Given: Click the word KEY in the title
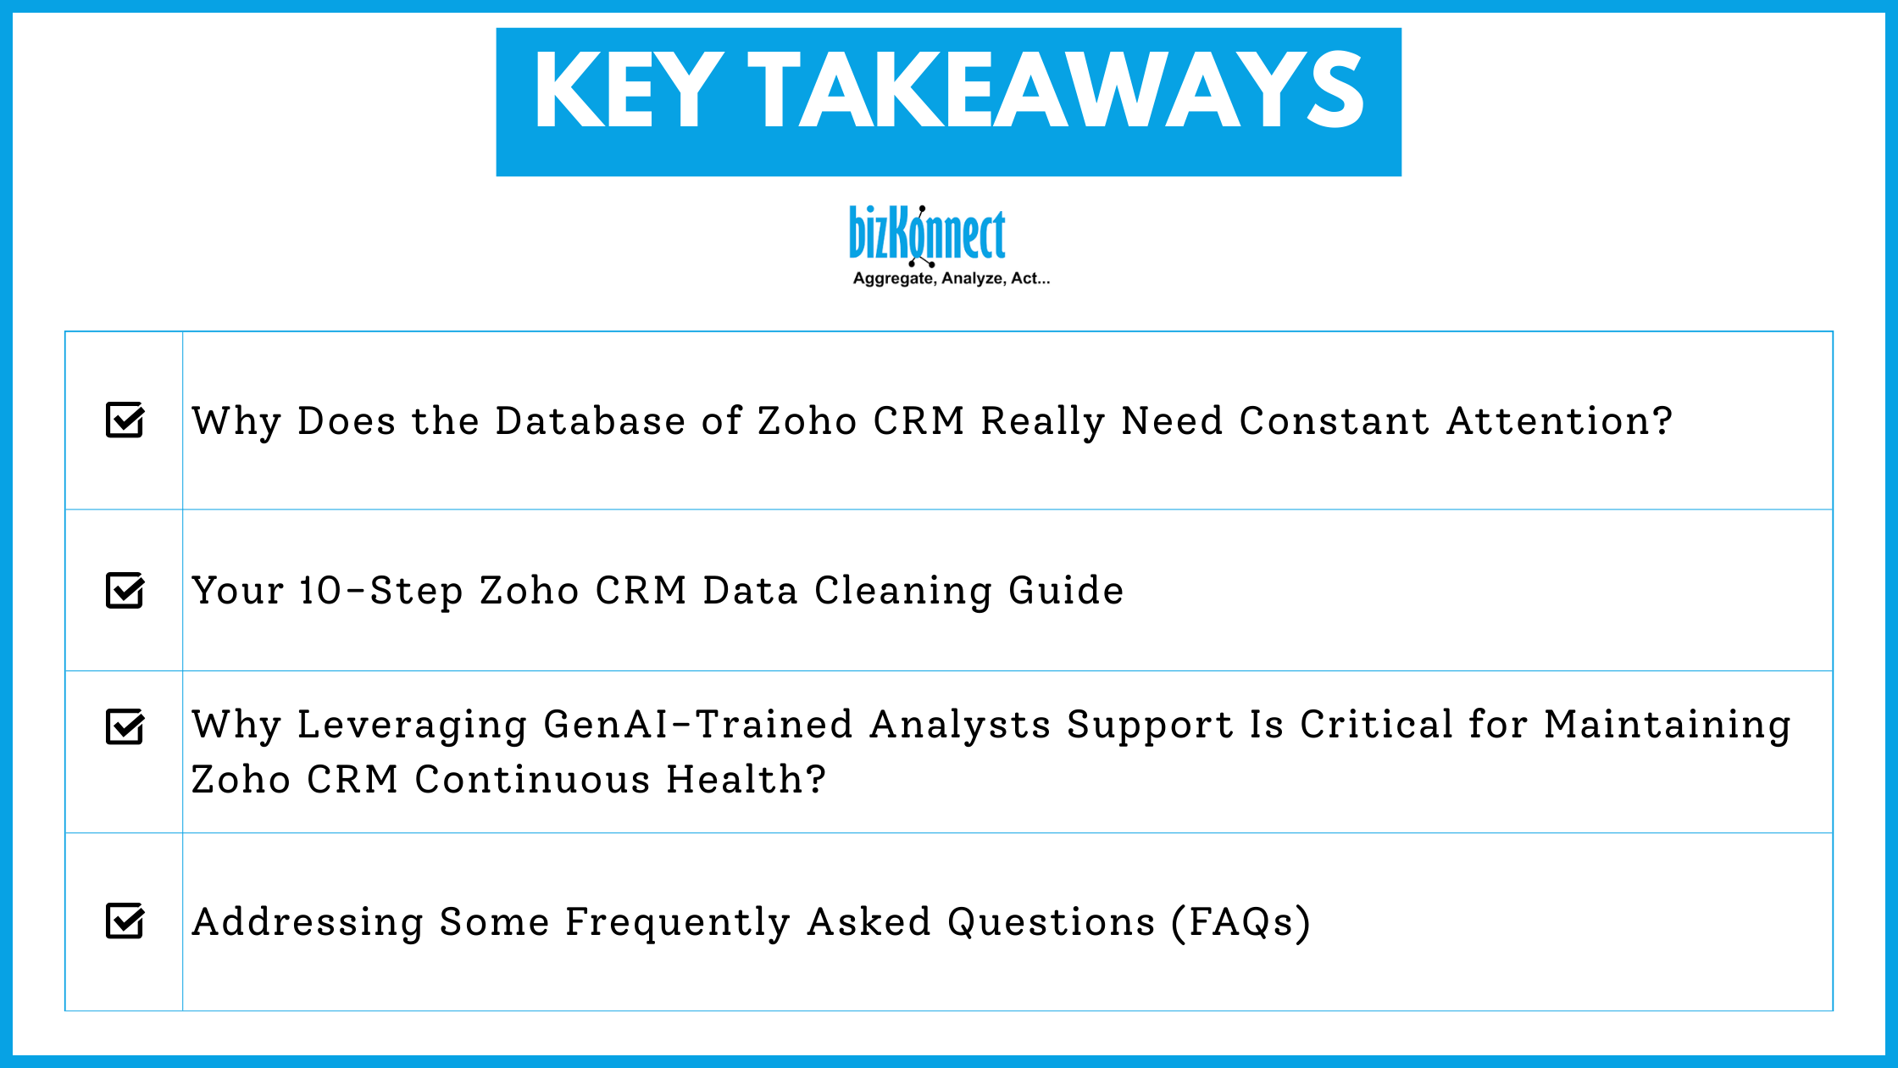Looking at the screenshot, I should [x=628, y=90].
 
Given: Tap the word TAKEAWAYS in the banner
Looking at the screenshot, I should [x=1056, y=90].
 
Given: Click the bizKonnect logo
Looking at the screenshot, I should [x=927, y=235].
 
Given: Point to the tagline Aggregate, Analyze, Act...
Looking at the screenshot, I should [x=951, y=278].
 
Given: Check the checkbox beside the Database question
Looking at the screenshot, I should [x=125, y=420].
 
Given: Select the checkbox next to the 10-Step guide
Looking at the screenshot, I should [x=125, y=591].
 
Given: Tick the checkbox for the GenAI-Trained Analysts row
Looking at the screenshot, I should [x=125, y=726].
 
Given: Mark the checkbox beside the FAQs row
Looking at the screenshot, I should [x=125, y=921].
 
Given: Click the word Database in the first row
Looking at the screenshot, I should [x=590, y=421].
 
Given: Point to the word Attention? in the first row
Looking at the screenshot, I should [x=1560, y=421].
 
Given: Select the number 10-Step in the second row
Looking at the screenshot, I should [x=381, y=591].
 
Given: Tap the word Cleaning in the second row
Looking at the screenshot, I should [x=903, y=591].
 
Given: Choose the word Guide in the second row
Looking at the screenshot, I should [x=1066, y=591].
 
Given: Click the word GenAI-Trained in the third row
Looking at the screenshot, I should [x=697, y=725].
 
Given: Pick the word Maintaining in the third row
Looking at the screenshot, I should [x=1668, y=725].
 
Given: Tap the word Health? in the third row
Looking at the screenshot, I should [x=746, y=780].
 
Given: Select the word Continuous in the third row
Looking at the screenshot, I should [x=532, y=780].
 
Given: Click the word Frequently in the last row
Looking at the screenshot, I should [x=677, y=922].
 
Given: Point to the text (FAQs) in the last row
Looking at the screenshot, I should [x=1241, y=922].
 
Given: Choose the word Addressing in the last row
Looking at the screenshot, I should [x=308, y=922].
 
